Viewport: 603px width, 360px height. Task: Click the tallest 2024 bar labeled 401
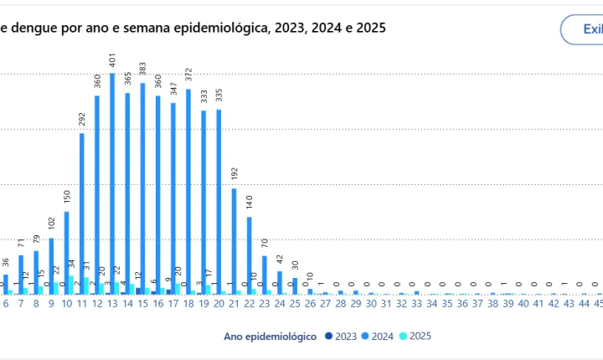tap(112, 184)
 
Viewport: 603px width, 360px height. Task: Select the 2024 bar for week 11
tap(82, 213)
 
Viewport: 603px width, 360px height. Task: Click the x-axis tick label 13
tap(112, 305)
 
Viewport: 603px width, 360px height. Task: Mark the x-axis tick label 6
tap(6, 305)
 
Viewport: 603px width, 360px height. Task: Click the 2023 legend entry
tap(340, 336)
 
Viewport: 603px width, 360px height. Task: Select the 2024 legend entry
tap(376, 336)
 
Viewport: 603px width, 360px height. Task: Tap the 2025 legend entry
tap(414, 336)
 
